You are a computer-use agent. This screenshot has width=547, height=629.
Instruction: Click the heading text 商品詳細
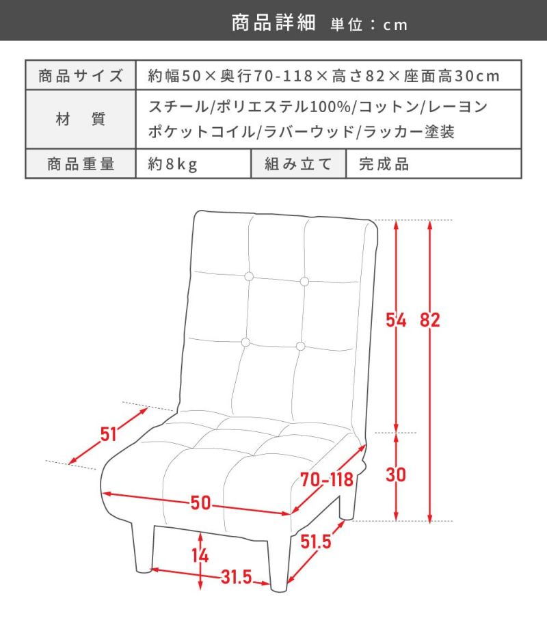(x=273, y=23)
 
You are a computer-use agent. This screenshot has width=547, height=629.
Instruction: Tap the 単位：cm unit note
(x=369, y=25)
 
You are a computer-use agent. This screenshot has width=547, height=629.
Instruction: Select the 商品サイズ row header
(x=81, y=75)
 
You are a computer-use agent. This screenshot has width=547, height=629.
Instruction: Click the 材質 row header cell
(x=81, y=119)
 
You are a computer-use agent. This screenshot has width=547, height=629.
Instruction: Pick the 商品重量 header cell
(x=81, y=164)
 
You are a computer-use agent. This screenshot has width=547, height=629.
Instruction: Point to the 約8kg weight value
(x=172, y=164)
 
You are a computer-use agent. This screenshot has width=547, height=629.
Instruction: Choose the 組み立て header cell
(x=298, y=164)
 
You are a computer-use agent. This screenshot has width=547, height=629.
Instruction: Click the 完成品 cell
(x=384, y=164)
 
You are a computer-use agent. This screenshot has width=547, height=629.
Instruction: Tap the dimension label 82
(x=430, y=320)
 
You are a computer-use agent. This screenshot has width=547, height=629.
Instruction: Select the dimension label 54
(x=396, y=320)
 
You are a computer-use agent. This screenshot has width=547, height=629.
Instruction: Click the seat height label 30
(x=396, y=474)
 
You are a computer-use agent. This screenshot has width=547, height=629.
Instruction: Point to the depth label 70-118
(x=327, y=479)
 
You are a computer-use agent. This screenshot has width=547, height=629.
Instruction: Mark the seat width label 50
(x=200, y=503)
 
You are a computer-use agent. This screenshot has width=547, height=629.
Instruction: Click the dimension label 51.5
(x=316, y=541)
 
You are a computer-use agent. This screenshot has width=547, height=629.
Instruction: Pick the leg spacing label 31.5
(x=237, y=577)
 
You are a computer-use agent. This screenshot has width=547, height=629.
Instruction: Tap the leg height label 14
(x=200, y=556)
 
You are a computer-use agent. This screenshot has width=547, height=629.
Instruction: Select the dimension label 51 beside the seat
(x=108, y=434)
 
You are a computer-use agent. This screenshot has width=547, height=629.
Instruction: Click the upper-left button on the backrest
(x=249, y=276)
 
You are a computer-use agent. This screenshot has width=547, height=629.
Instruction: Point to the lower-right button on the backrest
(x=300, y=346)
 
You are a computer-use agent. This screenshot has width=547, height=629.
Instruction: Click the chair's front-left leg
(x=143, y=548)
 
